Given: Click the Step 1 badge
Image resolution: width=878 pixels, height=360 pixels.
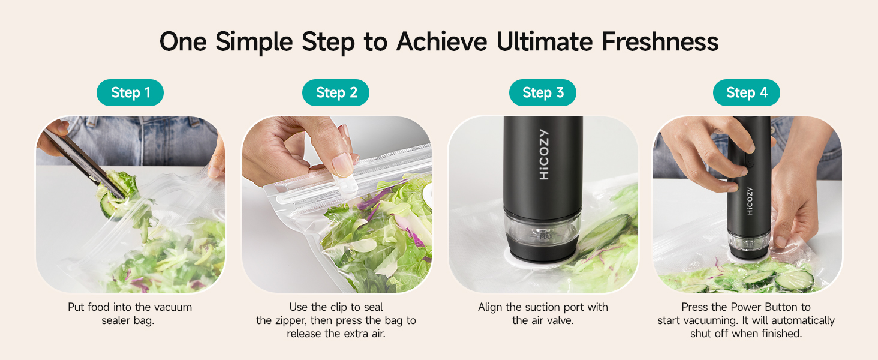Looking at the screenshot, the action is point(130,92).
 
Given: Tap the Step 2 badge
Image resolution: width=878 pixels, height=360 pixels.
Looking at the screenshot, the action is point(335,92).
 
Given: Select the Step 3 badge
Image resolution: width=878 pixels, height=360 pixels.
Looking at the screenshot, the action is point(543,92).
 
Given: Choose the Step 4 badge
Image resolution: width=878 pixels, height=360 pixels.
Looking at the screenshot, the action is point(746,92).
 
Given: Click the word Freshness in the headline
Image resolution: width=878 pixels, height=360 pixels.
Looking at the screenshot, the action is point(660,41).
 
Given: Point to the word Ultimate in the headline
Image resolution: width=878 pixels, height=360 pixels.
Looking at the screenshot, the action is point(544,41).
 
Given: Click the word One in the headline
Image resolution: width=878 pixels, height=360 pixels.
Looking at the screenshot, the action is point(183,41).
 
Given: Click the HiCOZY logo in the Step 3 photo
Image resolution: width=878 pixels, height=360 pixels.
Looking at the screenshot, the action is point(544,154).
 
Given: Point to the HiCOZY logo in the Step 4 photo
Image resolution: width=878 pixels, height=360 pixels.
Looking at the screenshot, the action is point(750,201).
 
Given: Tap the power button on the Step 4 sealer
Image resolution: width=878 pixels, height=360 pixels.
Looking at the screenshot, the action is point(749,161).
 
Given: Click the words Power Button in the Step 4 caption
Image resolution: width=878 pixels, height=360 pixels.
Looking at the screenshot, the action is point(759,307).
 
